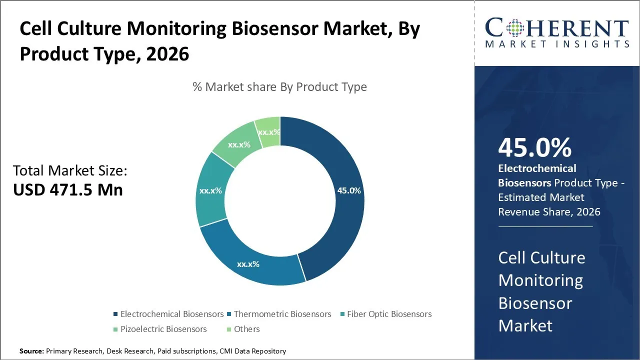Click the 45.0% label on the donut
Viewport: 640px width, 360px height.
pos(349,191)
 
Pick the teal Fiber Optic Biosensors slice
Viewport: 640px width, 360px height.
pos(211,191)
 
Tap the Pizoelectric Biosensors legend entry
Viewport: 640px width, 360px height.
pos(163,329)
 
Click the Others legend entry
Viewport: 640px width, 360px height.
pos(246,329)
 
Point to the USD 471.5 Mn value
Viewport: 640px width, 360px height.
pos(68,190)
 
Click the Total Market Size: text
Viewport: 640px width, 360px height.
pos(70,171)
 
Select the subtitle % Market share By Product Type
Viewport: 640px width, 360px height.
pos(279,86)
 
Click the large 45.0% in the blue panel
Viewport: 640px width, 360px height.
pos(534,147)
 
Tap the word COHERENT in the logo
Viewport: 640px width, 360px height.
pos(557,28)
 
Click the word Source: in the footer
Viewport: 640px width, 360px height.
pos(31,351)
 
